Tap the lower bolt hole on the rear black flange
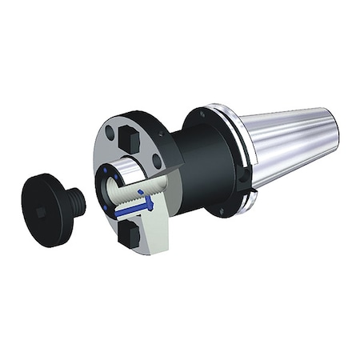pos(221,210)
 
